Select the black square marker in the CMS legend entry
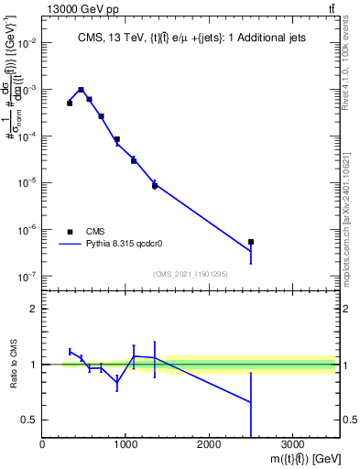tap(70, 232)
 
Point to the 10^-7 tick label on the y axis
tap(26, 276)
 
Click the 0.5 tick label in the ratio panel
tap(29, 420)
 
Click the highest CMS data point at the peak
tap(82, 90)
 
